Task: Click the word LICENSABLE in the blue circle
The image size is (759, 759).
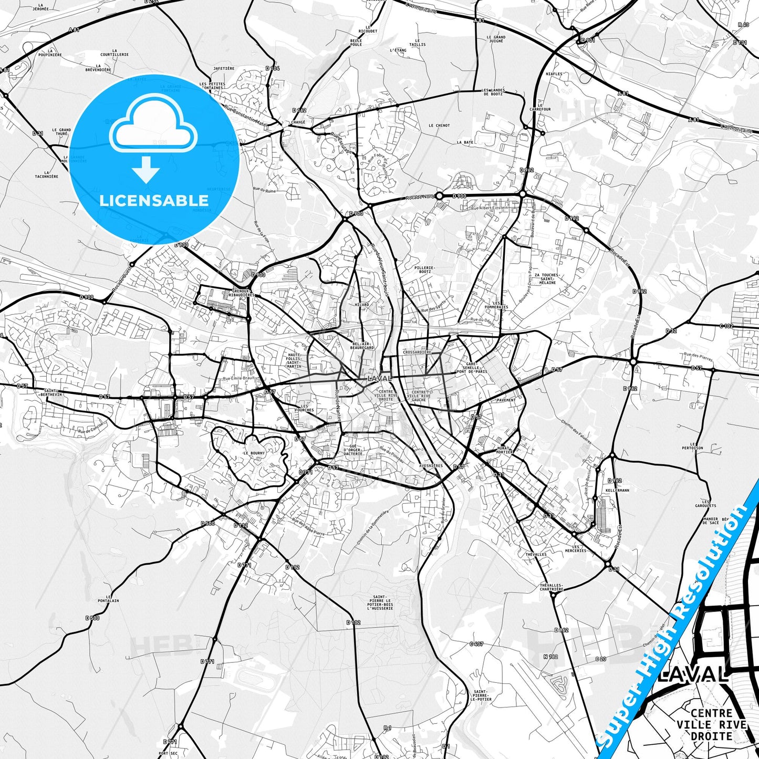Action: click(154, 201)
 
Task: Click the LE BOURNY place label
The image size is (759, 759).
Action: click(254, 453)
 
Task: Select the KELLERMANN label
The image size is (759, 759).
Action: click(617, 490)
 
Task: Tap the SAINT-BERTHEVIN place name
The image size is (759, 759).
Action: click(53, 392)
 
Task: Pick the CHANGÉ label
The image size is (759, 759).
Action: click(297, 122)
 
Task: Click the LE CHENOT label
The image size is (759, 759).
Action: click(439, 126)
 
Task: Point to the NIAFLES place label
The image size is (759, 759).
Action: click(554, 74)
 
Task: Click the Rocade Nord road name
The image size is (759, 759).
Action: click(420, 197)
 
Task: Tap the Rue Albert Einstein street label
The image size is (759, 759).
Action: click(490, 208)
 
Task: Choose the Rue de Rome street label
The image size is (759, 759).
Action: click(264, 190)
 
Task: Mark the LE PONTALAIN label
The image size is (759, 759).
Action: click(112, 599)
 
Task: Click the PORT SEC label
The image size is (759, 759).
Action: click(168, 753)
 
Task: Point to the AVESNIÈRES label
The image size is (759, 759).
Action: click(431, 465)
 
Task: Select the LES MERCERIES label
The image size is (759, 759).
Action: click(575, 548)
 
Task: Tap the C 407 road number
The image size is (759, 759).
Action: click(476, 643)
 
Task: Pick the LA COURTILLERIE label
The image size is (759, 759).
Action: click(115, 54)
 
